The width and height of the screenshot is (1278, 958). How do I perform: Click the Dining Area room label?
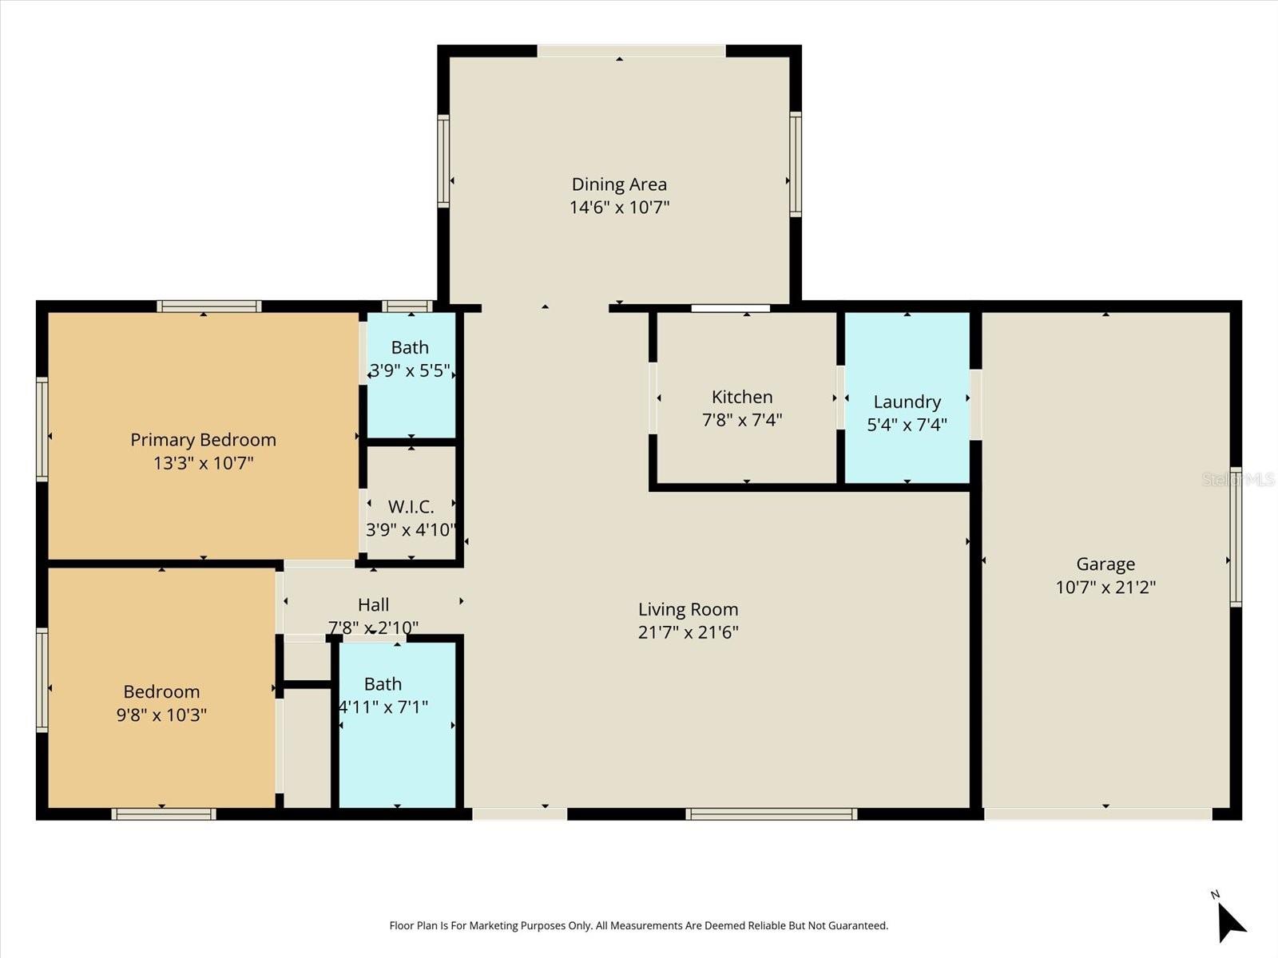619,184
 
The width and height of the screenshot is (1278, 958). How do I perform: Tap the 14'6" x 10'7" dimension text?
619,208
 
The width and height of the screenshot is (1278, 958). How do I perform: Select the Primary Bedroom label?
203,440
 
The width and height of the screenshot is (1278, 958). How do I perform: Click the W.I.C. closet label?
411,507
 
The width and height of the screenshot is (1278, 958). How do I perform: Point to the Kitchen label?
742,397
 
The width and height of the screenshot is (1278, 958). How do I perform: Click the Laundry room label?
907,402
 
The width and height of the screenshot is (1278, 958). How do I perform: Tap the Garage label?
1105,564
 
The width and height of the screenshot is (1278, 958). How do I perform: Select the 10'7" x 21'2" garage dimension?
1105,588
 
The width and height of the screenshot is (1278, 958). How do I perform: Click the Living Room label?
688,610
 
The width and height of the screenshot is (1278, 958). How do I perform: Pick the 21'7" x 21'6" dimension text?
688,632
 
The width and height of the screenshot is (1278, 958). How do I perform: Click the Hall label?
373,605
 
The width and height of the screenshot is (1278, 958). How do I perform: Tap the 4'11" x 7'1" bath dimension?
383,707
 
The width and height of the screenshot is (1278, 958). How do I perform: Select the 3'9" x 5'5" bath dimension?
410,370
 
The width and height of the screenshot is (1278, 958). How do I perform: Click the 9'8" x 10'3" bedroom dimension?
161,715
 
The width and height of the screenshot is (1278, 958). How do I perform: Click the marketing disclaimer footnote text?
638,926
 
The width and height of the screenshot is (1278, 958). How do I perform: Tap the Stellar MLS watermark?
1238,479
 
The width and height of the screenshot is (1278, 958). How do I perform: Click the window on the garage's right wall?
1236,536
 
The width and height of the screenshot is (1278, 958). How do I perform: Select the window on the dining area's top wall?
631,51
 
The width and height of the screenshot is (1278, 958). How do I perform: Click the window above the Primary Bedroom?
209,306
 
